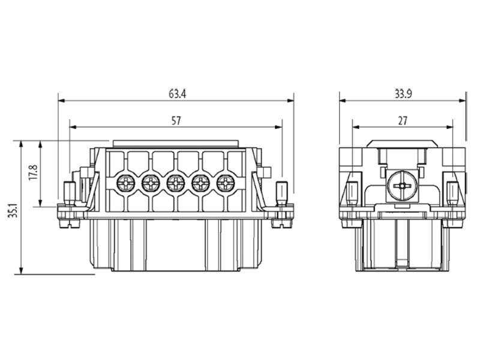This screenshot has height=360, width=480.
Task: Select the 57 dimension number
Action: coord(176,121)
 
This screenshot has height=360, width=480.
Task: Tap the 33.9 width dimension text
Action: coord(403,94)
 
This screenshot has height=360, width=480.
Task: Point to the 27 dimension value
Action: coord(403,121)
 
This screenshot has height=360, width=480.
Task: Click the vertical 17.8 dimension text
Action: coord(34,173)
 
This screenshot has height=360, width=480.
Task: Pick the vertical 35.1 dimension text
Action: coord(13,211)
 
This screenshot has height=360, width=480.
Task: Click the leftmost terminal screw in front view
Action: coord(126,182)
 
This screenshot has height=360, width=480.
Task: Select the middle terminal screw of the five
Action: coord(176,182)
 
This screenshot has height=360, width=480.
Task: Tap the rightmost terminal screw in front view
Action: coord(226,182)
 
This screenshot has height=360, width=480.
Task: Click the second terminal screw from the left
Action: coord(151,182)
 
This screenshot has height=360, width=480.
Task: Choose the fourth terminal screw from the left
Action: coord(200,182)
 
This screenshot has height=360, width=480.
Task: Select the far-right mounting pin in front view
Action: coord(281,193)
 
